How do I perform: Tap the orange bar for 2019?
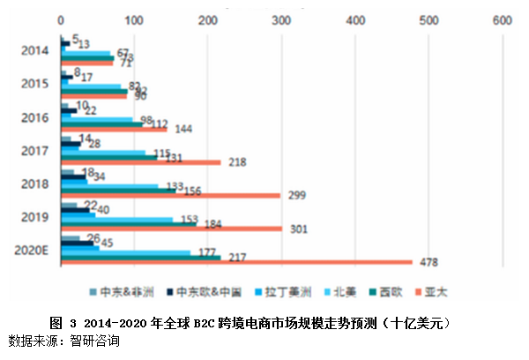(170, 228)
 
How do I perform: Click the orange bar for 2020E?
(235, 261)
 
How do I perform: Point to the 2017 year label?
(34, 150)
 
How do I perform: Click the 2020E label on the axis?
(31, 250)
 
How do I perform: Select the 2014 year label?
(34, 50)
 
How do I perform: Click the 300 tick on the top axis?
(281, 19)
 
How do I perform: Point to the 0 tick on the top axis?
(60, 19)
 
